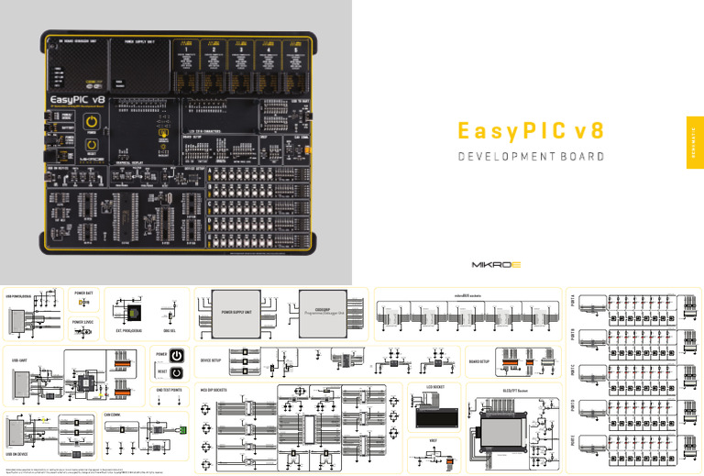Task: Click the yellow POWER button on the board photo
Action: coord(92,122)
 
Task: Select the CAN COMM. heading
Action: coord(114,415)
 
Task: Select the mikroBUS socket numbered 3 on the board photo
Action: coord(242,56)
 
